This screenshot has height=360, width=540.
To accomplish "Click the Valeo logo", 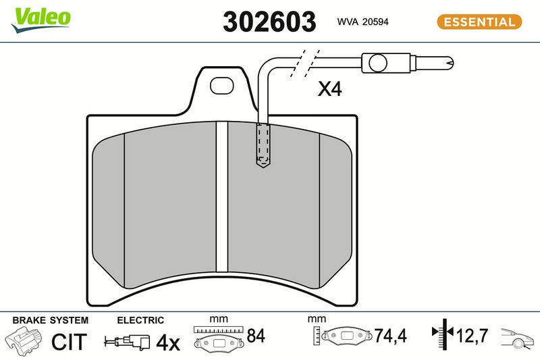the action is (x=41, y=20).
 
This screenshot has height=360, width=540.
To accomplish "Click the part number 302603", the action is (x=269, y=22).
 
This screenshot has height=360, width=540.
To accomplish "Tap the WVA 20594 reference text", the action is (x=362, y=22).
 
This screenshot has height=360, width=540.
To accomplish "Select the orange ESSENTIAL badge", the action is (x=479, y=22).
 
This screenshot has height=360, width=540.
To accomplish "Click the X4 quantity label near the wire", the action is (x=329, y=88).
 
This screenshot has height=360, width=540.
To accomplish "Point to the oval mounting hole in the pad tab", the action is (x=222, y=85).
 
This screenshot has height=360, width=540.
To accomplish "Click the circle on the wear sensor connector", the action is (x=378, y=63).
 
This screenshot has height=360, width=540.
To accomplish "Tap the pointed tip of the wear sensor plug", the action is (x=453, y=63).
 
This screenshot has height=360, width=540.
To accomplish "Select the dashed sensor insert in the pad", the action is (x=263, y=145).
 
